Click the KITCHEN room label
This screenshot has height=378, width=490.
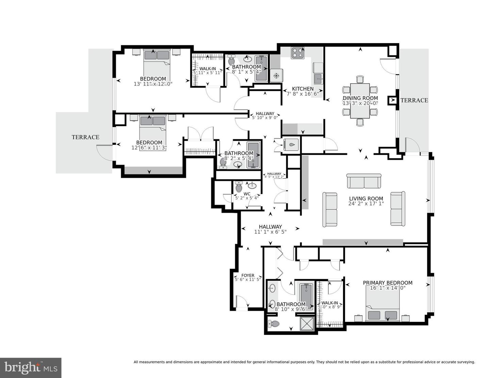click(303, 89)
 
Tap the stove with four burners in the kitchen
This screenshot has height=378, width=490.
click(298, 53)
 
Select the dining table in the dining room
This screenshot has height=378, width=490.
click(360, 101)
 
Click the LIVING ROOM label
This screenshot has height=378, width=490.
click(366, 199)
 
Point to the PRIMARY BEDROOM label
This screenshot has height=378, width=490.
click(388, 283)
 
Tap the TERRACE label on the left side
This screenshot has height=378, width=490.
click(85, 137)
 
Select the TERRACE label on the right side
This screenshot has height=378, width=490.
click(414, 100)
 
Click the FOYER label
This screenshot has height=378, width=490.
click(248, 275)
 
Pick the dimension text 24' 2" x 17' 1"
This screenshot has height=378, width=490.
click(366, 204)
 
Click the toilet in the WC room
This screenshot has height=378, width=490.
click(239, 187)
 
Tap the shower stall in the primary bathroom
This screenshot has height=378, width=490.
click(306, 321)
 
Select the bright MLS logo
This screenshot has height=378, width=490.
click(31, 368)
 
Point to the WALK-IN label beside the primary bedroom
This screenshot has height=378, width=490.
click(329, 303)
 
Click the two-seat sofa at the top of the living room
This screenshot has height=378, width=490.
click(364, 181)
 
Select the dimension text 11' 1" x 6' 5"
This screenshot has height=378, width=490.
click(270, 232)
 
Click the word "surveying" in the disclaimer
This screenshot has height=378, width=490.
click(464, 362)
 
